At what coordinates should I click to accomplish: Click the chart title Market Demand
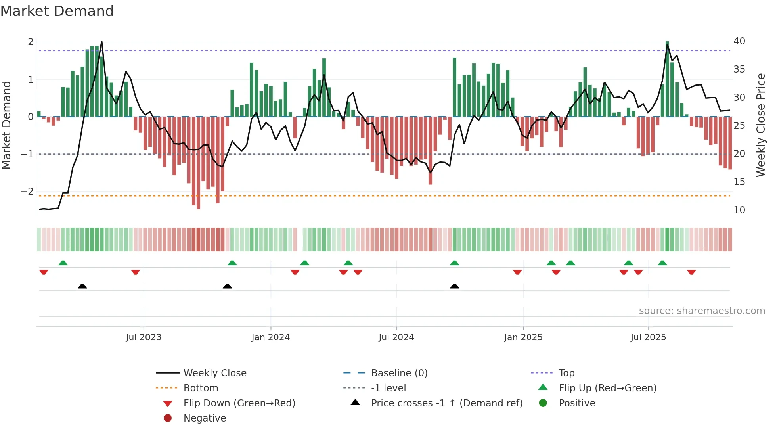coord(57,11)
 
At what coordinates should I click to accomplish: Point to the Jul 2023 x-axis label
coord(144,337)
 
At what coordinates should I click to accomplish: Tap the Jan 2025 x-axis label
coord(523,337)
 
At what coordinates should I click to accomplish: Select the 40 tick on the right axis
coord(739,41)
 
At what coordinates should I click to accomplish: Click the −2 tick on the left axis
coord(27,192)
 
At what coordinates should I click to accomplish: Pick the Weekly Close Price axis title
coord(760,125)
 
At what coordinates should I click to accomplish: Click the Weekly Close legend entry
coord(214,373)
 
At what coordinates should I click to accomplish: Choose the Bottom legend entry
coord(201,388)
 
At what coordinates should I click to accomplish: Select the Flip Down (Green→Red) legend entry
coord(239,403)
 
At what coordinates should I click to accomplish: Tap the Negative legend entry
coord(205,418)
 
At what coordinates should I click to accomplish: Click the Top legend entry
coord(566,373)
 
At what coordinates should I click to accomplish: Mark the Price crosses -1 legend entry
coord(446,403)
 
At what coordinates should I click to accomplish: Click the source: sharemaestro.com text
coord(702,311)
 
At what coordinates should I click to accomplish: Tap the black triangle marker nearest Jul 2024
coord(455,286)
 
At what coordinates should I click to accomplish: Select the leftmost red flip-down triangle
coord(44,272)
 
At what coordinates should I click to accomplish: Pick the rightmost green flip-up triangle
coord(662,263)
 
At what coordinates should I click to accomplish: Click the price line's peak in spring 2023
coord(101,42)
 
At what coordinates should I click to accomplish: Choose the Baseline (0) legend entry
coord(399,373)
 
